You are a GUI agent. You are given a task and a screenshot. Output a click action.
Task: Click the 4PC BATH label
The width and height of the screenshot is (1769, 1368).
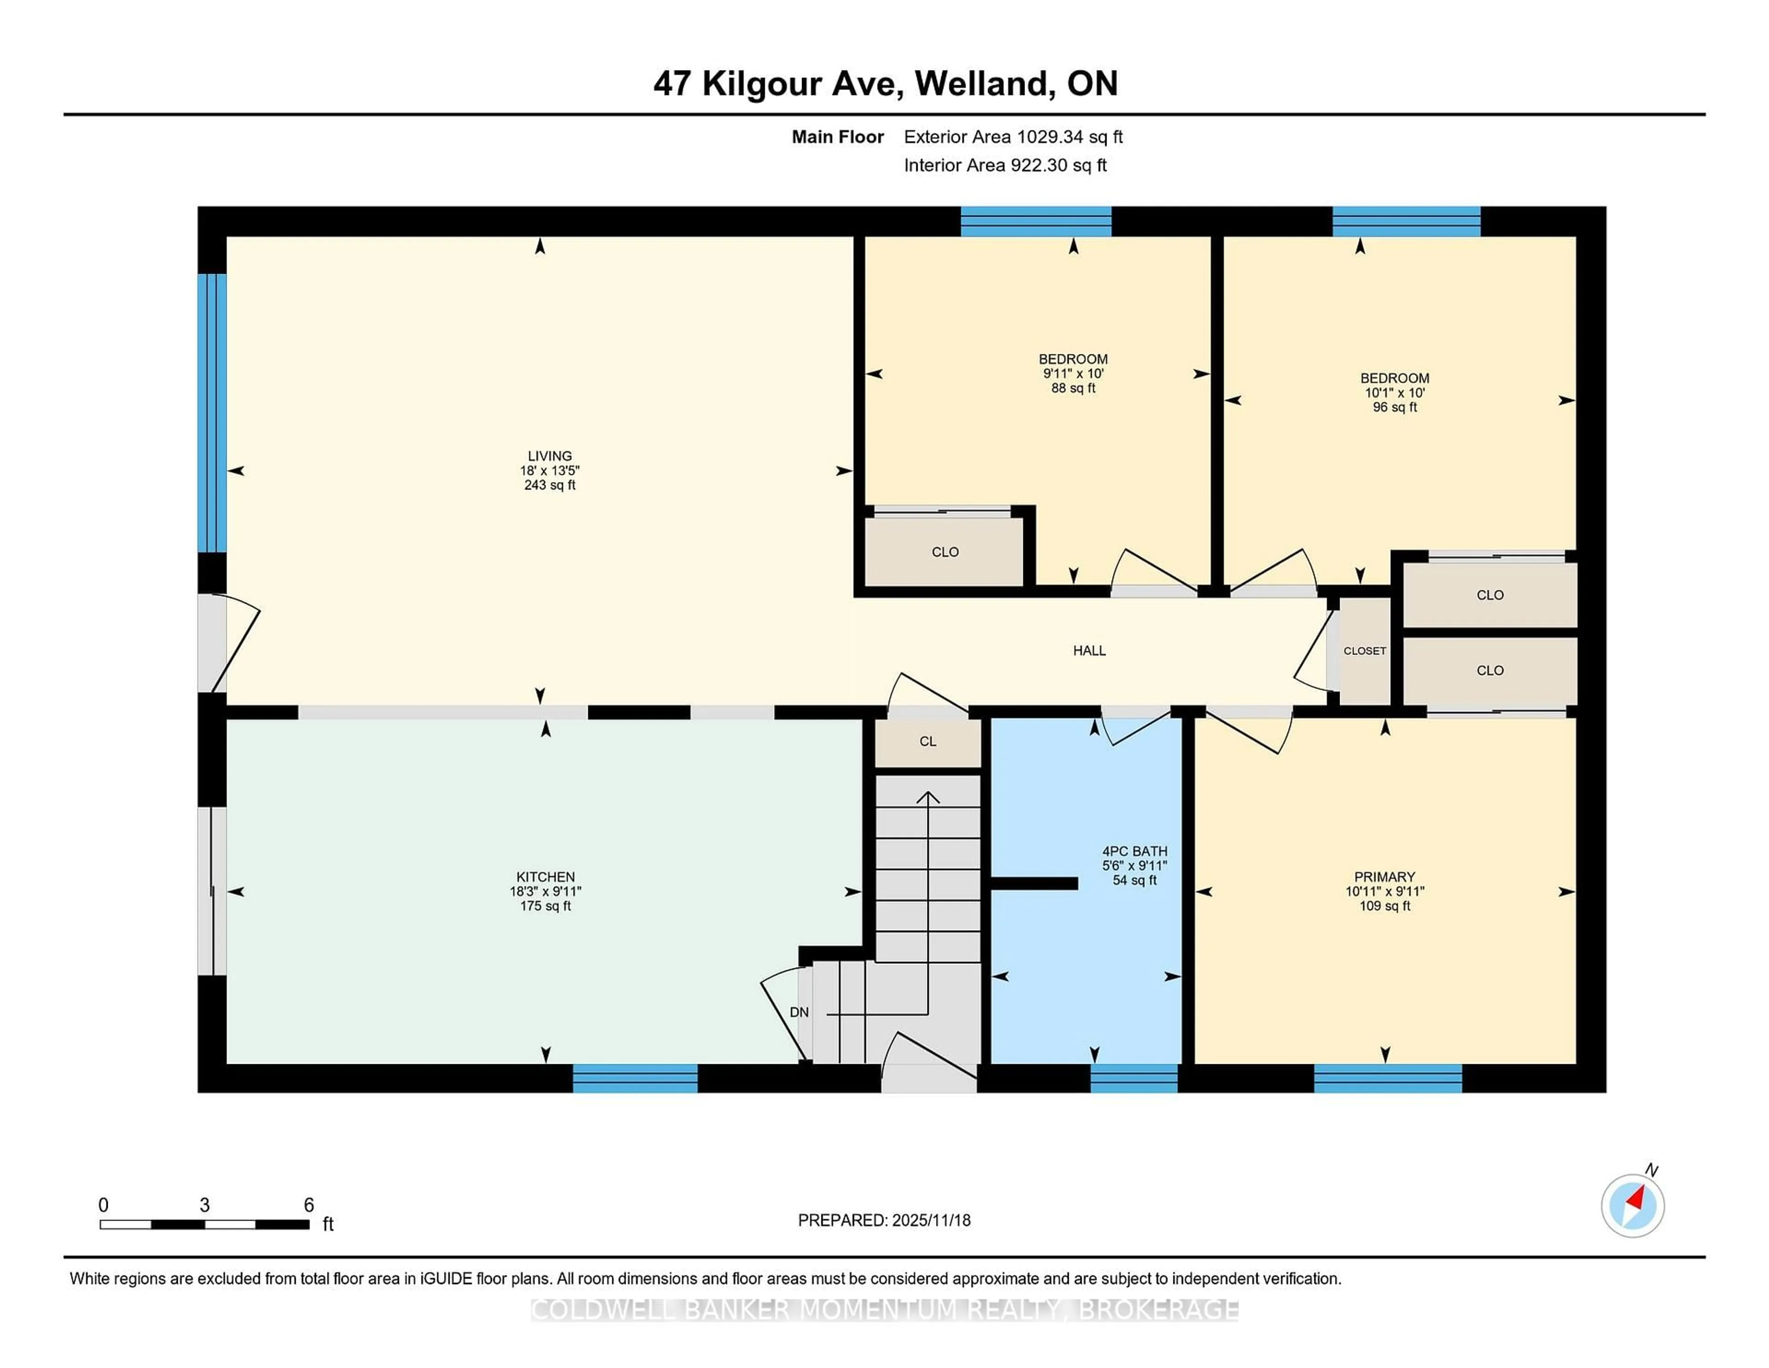pos(1134,851)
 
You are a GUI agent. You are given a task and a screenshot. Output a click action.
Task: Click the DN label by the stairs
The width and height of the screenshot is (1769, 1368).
pos(799,1012)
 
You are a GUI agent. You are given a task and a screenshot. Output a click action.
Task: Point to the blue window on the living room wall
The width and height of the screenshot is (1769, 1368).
pos(212,413)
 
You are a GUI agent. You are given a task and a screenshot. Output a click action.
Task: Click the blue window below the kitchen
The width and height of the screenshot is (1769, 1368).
pos(635,1079)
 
